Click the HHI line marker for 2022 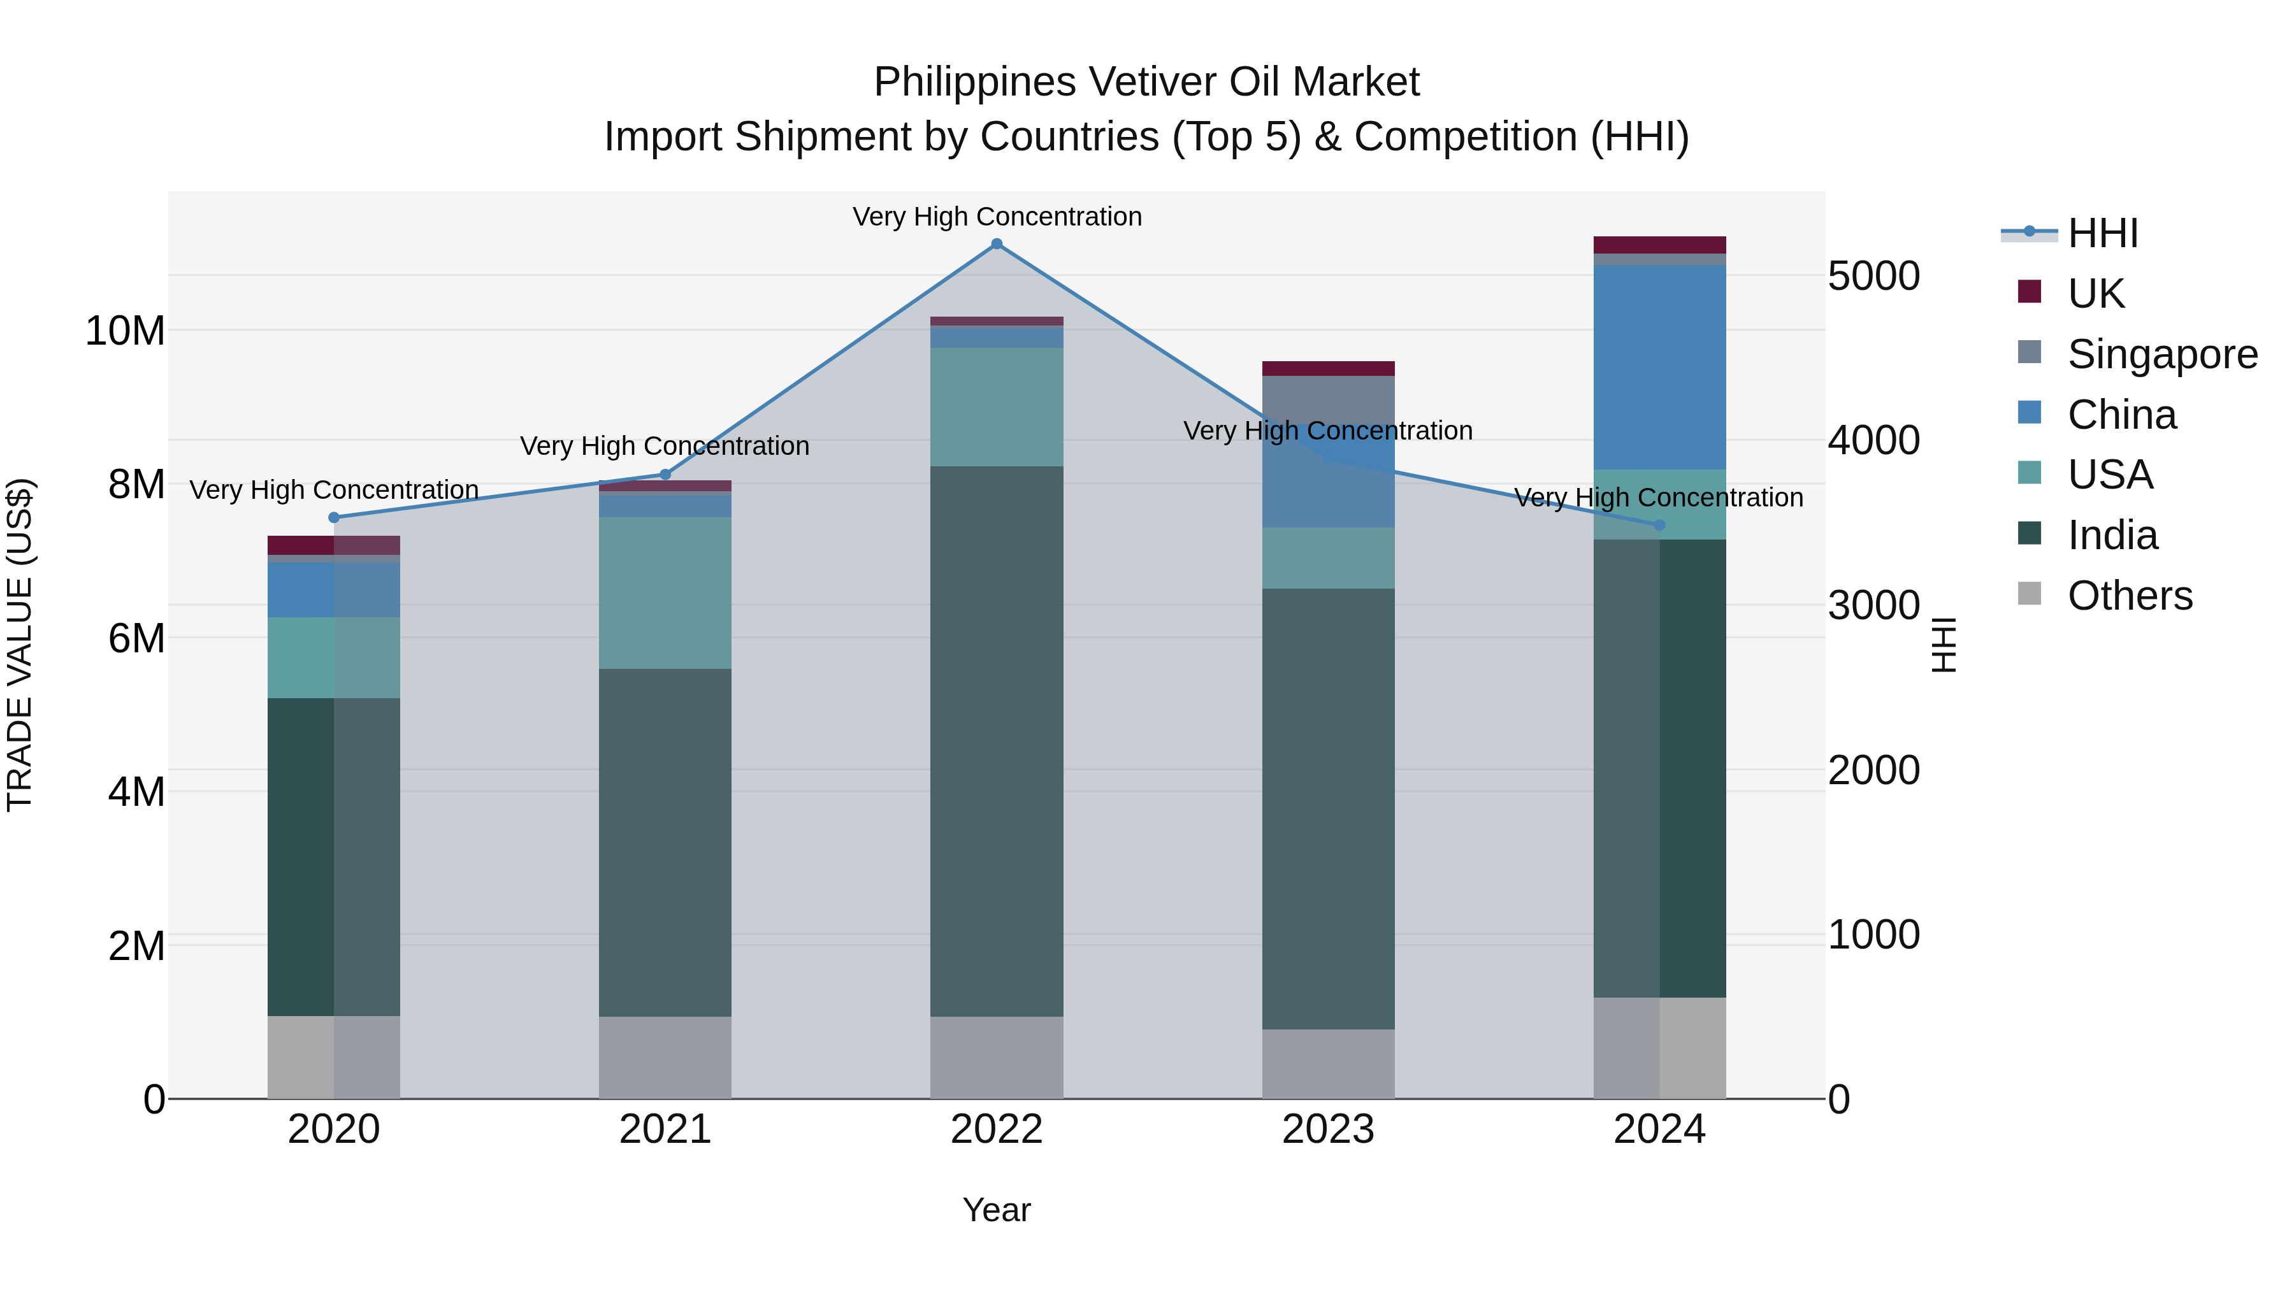click(x=997, y=244)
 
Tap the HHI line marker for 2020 click(x=334, y=517)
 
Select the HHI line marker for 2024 click(x=1659, y=526)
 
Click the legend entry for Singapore click(x=2161, y=354)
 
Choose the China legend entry click(x=2121, y=415)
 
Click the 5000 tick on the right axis click(x=1873, y=276)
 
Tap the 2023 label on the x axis click(x=1328, y=1129)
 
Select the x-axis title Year click(x=997, y=1210)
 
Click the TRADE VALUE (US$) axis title click(x=20, y=645)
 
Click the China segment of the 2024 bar click(x=1659, y=367)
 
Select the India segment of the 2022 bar click(x=997, y=741)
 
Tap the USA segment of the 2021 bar click(x=665, y=593)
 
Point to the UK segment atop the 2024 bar click(x=1659, y=245)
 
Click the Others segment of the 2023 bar click(x=1328, y=1064)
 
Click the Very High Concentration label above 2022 click(x=997, y=217)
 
